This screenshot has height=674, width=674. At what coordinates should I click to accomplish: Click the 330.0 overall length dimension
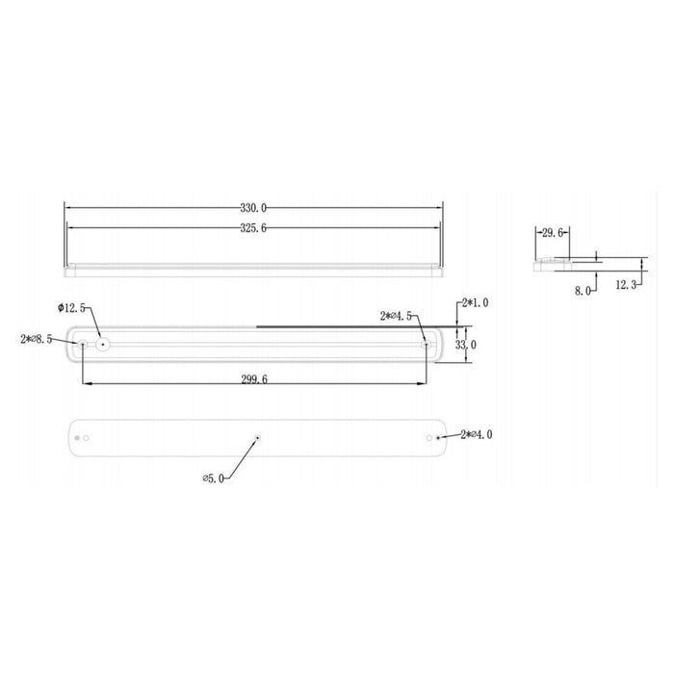pyautogui.click(x=253, y=208)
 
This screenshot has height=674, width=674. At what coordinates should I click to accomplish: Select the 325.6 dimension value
pyautogui.click(x=253, y=228)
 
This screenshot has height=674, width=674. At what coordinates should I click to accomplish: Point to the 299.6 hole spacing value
pyautogui.click(x=253, y=379)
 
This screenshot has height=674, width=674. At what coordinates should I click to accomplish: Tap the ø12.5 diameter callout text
pyautogui.click(x=73, y=307)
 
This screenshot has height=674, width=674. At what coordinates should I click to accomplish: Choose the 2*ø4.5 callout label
pyautogui.click(x=398, y=315)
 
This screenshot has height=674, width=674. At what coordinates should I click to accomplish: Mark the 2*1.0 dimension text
pyautogui.click(x=475, y=302)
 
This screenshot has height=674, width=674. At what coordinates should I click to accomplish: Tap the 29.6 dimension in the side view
pyautogui.click(x=553, y=232)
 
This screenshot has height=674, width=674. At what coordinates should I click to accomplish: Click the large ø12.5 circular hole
pyautogui.click(x=102, y=343)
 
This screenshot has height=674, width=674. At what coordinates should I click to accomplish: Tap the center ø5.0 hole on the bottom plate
pyautogui.click(x=258, y=438)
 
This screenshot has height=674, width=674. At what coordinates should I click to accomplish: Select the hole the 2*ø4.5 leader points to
pyautogui.click(x=425, y=343)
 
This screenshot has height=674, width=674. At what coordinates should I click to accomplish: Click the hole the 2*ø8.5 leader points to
pyautogui.click(x=83, y=343)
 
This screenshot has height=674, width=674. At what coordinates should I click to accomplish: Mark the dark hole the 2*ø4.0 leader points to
pyautogui.click(x=439, y=438)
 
